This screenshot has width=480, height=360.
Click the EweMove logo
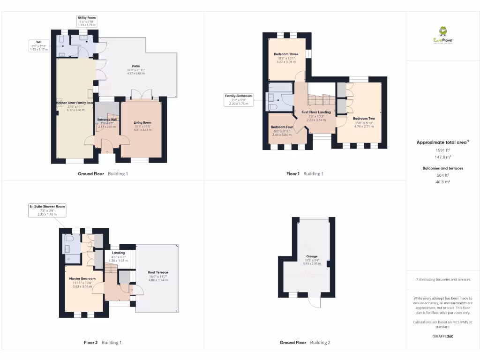(443, 35)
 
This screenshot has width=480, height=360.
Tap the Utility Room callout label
(87, 21)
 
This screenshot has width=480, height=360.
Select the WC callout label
(39, 45)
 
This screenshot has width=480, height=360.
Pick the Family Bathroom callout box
(239, 99)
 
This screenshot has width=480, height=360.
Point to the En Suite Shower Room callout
(47, 210)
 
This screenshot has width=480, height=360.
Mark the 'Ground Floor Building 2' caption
(305, 343)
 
